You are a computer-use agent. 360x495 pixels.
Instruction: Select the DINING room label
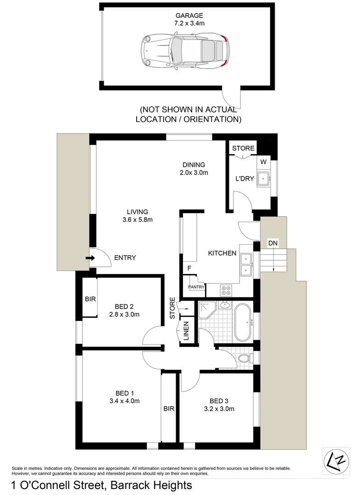click(x=194, y=165)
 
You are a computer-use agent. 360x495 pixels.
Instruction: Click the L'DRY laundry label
click(x=244, y=179)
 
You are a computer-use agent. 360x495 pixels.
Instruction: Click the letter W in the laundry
click(x=263, y=161)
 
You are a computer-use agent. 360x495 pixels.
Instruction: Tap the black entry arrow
click(x=90, y=258)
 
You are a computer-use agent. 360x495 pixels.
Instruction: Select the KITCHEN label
click(x=222, y=253)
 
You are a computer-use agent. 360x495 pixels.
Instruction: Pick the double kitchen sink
click(x=246, y=264)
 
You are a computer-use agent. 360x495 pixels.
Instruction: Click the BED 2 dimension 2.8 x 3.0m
click(x=123, y=314)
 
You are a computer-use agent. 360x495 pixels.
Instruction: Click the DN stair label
click(x=273, y=242)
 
